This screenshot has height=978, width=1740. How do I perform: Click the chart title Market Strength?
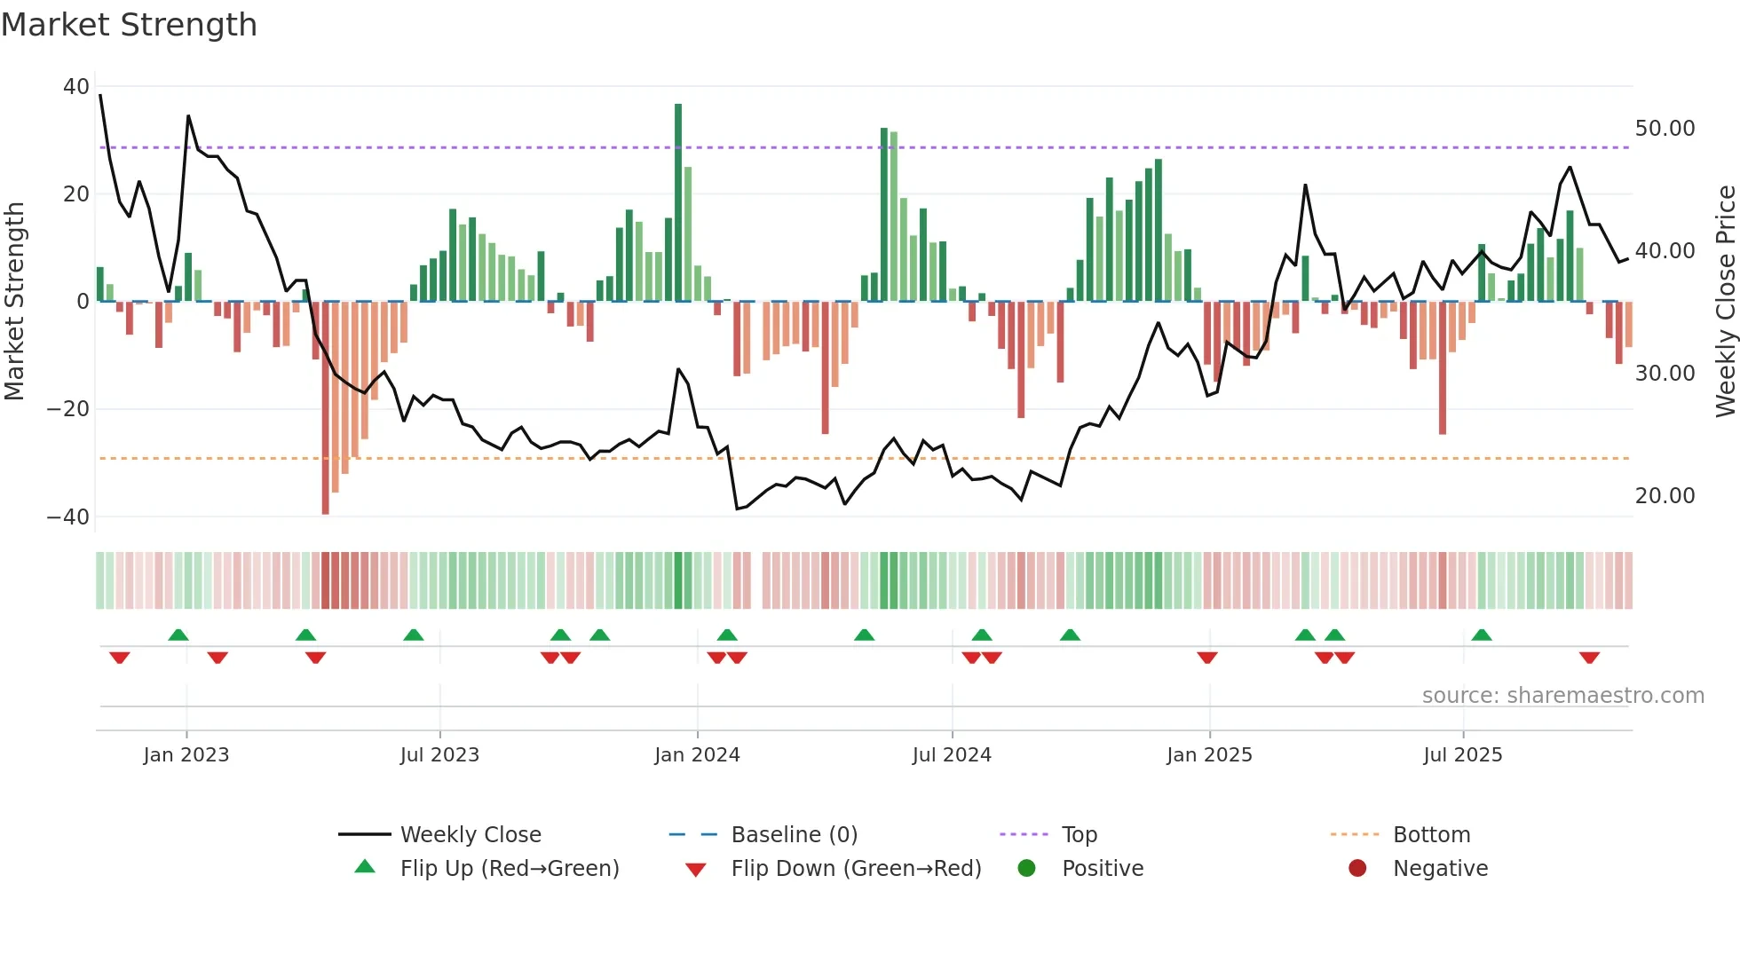point(129,25)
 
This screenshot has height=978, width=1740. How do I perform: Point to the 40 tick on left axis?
point(76,87)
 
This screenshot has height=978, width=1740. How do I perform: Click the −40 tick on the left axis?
point(68,517)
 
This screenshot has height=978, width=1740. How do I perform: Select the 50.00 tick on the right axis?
point(1665,129)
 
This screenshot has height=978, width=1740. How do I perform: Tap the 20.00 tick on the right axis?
point(1665,496)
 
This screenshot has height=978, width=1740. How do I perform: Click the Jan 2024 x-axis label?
point(697,755)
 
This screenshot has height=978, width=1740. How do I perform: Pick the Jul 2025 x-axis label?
point(1462,755)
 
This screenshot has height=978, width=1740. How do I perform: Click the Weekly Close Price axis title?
point(1725,302)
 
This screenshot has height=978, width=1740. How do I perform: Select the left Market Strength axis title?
point(15,302)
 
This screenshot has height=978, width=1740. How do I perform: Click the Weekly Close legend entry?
point(470,835)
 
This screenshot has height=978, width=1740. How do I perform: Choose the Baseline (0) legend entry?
point(794,835)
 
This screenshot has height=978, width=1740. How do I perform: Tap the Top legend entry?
point(1079,835)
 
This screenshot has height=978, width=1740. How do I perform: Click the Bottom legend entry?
point(1431,835)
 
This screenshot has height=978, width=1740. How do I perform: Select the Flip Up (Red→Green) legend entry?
point(509,869)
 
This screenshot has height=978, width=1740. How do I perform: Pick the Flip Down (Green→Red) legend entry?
point(856,869)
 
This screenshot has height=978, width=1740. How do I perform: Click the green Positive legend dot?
point(1026,869)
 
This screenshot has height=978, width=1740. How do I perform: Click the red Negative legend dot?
point(1357,869)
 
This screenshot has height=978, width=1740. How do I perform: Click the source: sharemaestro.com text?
point(1562,696)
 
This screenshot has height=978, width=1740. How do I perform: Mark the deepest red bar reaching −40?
point(326,408)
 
